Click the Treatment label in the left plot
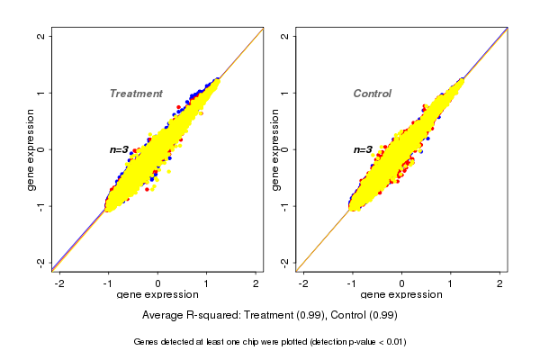coord(136,94)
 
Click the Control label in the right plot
coord(373,94)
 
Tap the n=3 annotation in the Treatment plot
coord(121,149)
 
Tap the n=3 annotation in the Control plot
coord(363,149)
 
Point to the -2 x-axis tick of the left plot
coord(60,283)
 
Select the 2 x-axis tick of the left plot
coord(256,283)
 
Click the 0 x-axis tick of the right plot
coord(402,283)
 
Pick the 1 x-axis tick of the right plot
coord(452,283)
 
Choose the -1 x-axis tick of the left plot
coord(109,283)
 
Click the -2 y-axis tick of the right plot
coord(285,262)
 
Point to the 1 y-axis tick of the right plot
coord(285,93)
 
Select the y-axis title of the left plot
coord(31,149)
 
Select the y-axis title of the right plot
coord(274,149)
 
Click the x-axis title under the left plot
coord(157,295)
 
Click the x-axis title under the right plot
coord(401,295)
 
